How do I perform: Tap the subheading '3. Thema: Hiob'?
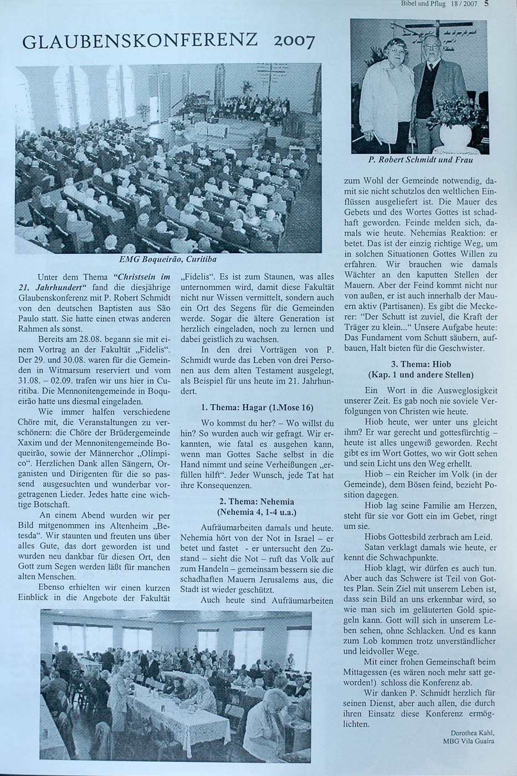pyautogui.click(x=421, y=364)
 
